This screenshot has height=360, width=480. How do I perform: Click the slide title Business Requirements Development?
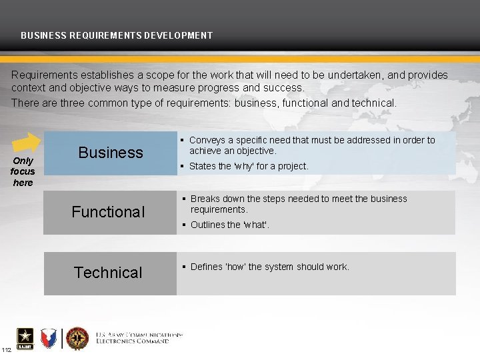click(x=117, y=35)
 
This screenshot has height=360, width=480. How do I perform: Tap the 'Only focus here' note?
click(x=23, y=172)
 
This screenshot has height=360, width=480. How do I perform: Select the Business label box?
click(x=111, y=153)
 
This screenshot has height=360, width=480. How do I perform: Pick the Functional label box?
click(x=108, y=212)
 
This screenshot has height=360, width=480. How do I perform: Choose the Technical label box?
click(x=108, y=273)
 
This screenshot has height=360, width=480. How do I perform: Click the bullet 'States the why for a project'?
click(x=249, y=166)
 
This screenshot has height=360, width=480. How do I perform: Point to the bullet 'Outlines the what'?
click(x=230, y=225)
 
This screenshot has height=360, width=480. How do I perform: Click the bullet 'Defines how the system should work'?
click(x=269, y=267)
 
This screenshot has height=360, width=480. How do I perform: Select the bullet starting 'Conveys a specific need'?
click(x=311, y=145)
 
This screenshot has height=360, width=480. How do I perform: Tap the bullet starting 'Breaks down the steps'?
click(x=298, y=204)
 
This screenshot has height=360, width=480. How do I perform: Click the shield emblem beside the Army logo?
click(x=49, y=339)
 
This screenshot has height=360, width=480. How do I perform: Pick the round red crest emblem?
click(x=77, y=339)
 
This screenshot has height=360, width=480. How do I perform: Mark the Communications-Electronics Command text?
click(x=139, y=338)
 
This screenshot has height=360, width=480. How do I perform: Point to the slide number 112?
click(x=6, y=351)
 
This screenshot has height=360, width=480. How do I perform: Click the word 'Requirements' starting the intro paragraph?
click(x=43, y=75)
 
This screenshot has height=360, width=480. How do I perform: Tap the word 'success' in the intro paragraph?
click(x=285, y=87)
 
